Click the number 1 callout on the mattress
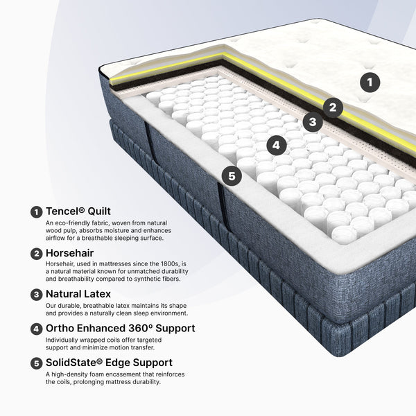click(x=370, y=83)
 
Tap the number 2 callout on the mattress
click(x=333, y=107)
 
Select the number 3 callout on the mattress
click(x=313, y=122)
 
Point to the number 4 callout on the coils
click(x=276, y=145)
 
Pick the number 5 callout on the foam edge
click(x=232, y=176)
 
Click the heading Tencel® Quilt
click(x=78, y=211)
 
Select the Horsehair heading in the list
click(x=70, y=253)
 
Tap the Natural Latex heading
click(x=78, y=294)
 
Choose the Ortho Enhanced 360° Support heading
click(x=121, y=329)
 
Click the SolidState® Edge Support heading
click(x=109, y=363)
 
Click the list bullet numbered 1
click(x=36, y=212)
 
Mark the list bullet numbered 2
click(x=36, y=254)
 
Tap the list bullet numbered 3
click(x=36, y=295)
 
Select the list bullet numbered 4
click(x=36, y=329)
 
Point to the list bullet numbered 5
click(x=36, y=363)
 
